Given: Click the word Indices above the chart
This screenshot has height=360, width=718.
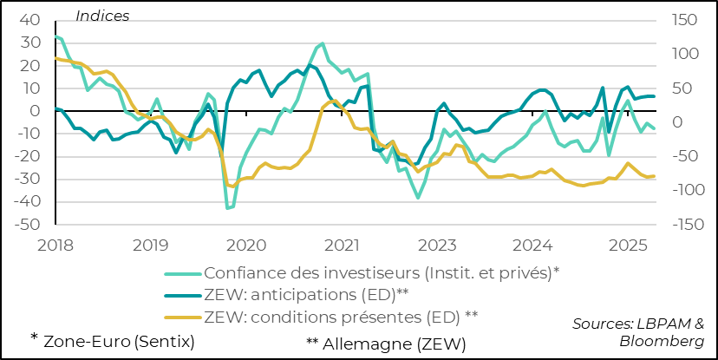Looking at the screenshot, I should (x=102, y=16).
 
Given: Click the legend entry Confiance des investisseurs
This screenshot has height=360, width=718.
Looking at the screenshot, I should (x=382, y=272).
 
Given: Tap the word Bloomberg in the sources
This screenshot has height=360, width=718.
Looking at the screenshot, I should (x=661, y=341).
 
